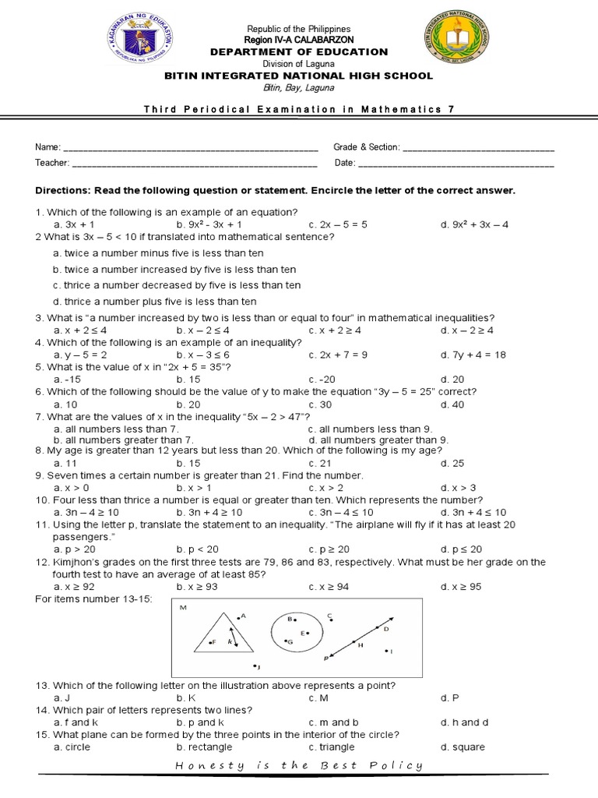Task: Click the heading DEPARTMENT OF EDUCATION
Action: (x=299, y=51)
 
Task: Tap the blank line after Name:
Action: (x=190, y=148)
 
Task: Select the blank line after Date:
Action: (x=456, y=164)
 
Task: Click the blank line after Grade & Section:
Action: (x=479, y=148)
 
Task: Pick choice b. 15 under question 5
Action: (x=188, y=379)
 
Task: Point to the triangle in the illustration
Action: (x=223, y=634)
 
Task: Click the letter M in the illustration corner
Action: (x=184, y=607)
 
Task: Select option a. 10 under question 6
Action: (x=65, y=404)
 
